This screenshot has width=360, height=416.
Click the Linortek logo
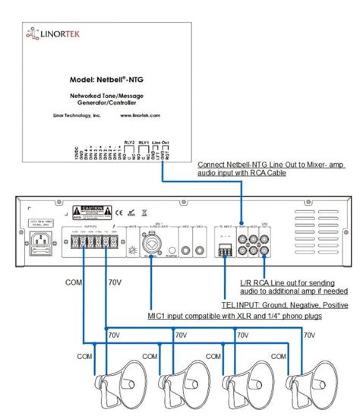point(51,33)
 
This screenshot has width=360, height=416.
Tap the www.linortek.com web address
point(138,115)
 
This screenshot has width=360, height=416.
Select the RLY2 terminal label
point(129,141)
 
